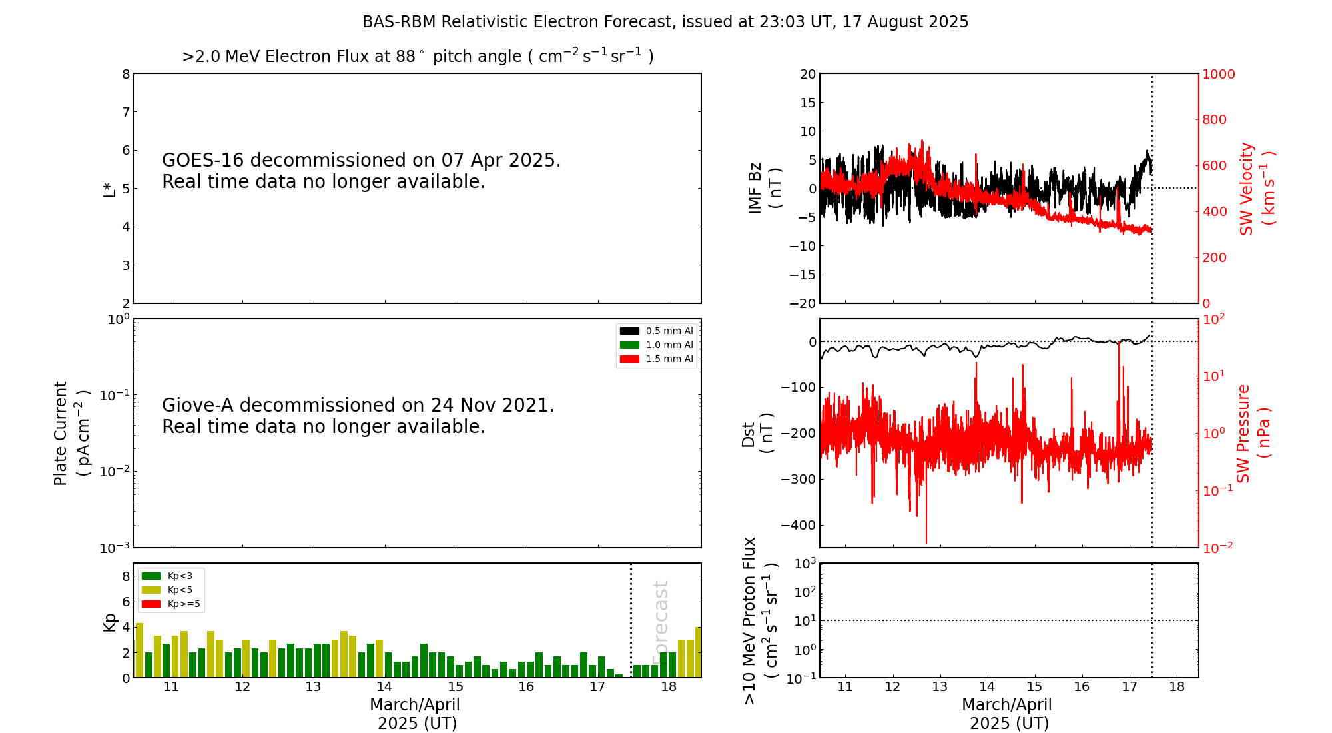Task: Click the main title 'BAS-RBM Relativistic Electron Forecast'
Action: tap(517, 22)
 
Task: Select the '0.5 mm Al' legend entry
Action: tap(656, 331)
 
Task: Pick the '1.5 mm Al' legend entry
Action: tap(656, 359)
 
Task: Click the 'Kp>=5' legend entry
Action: tap(171, 604)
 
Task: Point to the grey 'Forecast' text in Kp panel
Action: tap(660, 622)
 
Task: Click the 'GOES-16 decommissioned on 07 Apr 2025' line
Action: tap(362, 161)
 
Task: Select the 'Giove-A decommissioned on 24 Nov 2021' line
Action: tap(358, 406)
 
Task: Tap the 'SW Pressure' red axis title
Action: tap(1253, 434)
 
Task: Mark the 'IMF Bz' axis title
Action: tap(765, 189)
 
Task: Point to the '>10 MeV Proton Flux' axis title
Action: tap(760, 621)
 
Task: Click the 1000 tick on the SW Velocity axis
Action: tap(1218, 74)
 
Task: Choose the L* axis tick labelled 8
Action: tap(126, 74)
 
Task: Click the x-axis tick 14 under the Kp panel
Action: tap(384, 687)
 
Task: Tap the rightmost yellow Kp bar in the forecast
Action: tap(698, 652)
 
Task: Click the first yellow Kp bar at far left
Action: tap(139, 650)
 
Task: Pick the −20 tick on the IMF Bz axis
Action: tap(802, 303)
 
